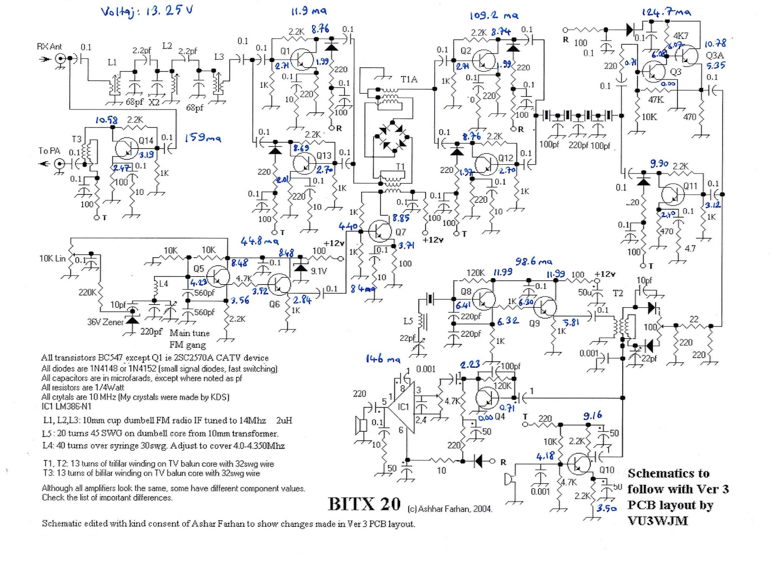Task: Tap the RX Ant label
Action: pyautogui.click(x=49, y=47)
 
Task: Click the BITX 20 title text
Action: pyautogui.click(x=364, y=504)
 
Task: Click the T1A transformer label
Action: pyautogui.click(x=409, y=79)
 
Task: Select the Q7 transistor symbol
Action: pyautogui.click(x=379, y=231)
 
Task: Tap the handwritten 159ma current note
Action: pyautogui.click(x=202, y=138)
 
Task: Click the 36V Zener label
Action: pyautogui.click(x=105, y=322)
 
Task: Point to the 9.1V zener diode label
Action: pyautogui.click(x=318, y=271)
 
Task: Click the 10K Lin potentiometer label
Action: pyautogui.click(x=52, y=258)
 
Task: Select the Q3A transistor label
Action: pyautogui.click(x=714, y=55)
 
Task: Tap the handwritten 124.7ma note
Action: pyautogui.click(x=666, y=12)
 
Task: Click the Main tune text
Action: pyautogui.click(x=190, y=333)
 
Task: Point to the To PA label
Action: pyautogui.click(x=49, y=151)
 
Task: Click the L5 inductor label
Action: pyautogui.click(x=408, y=321)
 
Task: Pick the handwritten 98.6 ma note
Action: pyautogui.click(x=533, y=262)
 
